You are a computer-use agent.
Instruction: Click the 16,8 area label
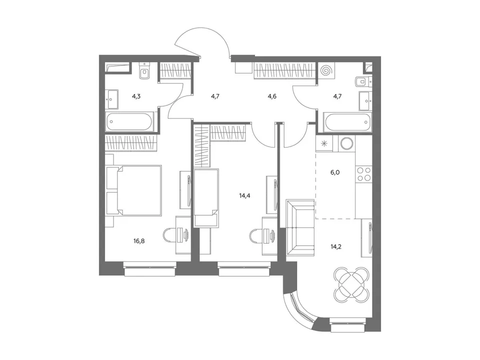click(x=139, y=241)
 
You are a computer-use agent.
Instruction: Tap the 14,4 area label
click(x=244, y=195)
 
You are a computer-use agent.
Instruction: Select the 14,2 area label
click(x=336, y=246)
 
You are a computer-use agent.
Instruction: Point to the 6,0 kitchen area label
click(x=335, y=172)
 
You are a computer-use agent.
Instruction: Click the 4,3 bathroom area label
click(x=136, y=96)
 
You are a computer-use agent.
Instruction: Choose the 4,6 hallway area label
click(x=272, y=96)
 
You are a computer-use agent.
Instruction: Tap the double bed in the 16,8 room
click(x=133, y=190)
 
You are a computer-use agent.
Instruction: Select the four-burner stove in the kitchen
click(x=363, y=174)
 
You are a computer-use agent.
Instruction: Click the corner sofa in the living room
click(x=300, y=227)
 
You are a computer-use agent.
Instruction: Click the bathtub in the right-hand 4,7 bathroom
click(x=348, y=122)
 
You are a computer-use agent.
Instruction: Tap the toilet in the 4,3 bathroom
click(x=144, y=71)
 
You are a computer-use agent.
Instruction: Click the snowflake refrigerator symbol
click(x=324, y=143)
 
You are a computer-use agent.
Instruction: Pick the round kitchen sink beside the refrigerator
click(x=347, y=143)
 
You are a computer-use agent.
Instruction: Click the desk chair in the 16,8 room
click(x=168, y=235)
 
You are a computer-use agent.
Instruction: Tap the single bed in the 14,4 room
click(x=206, y=198)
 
